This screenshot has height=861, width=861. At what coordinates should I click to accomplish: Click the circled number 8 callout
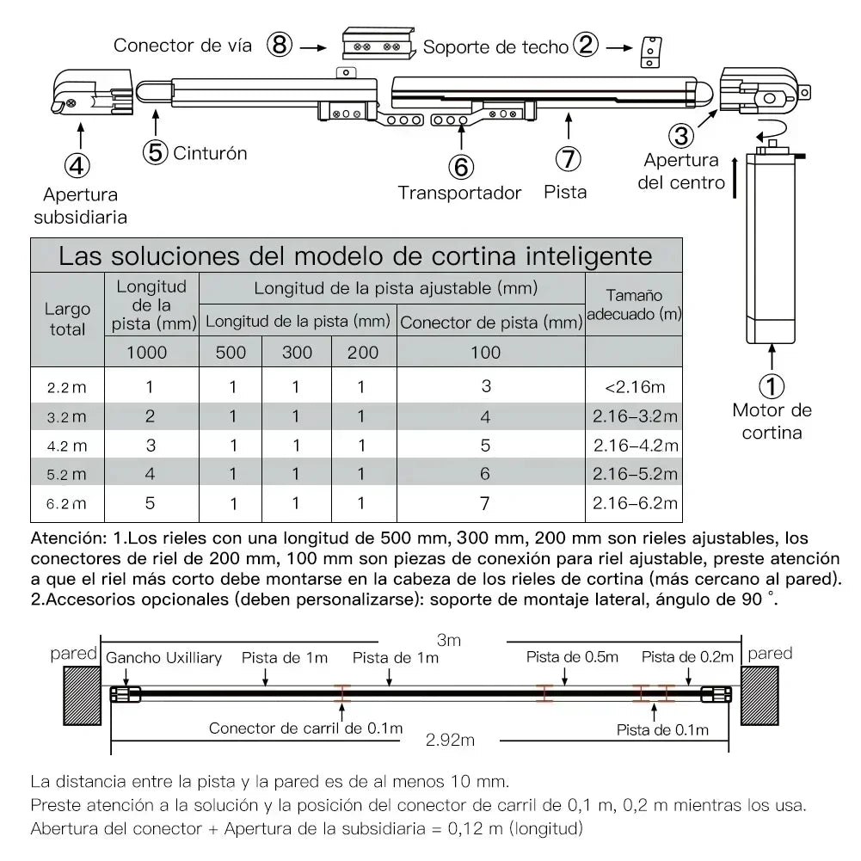[279, 45]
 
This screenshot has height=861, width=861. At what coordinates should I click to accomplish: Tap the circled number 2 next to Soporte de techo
[585, 46]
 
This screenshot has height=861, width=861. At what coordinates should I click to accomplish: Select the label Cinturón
[210, 153]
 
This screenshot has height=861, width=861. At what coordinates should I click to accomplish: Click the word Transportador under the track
[459, 193]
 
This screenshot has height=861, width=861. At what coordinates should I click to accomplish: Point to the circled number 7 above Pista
[568, 159]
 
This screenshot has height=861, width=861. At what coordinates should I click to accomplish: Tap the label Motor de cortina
[772, 421]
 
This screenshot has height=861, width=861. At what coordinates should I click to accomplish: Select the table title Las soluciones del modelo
[354, 256]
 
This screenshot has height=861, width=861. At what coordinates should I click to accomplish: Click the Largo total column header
[67, 318]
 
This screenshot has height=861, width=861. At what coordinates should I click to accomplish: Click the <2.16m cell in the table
[634, 387]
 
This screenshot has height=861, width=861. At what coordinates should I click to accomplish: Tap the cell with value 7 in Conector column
[486, 503]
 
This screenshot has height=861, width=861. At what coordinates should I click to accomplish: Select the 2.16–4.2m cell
[634, 446]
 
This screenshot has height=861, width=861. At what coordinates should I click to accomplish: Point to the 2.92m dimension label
[451, 738]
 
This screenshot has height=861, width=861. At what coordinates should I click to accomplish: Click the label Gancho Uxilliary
[163, 658]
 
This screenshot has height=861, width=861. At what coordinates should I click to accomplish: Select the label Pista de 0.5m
[572, 658]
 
